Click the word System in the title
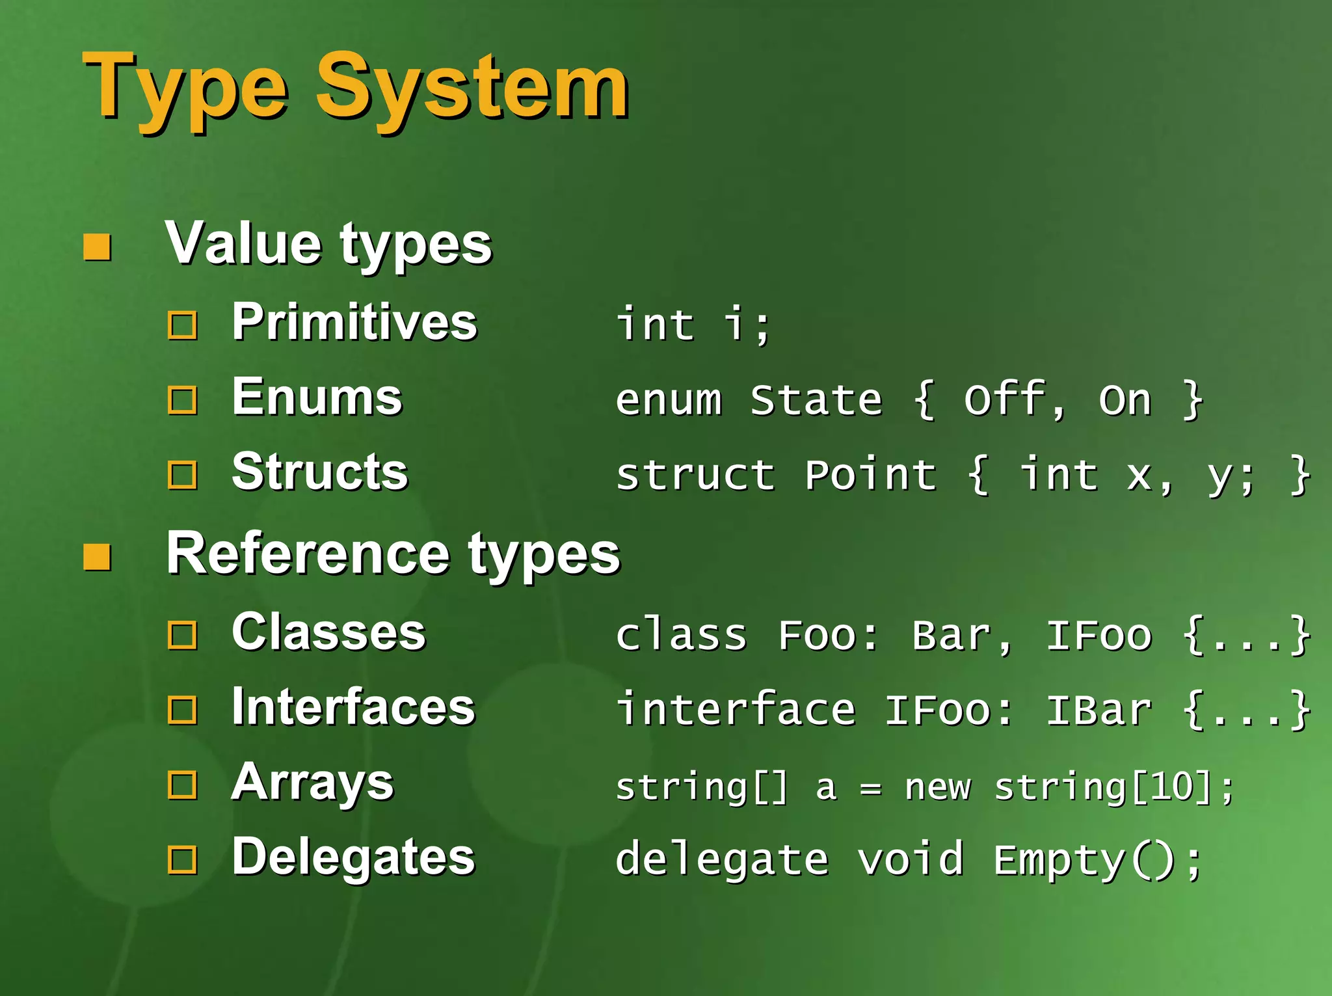point(472,87)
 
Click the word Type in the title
point(185,87)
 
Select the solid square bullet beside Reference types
point(98,557)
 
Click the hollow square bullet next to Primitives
point(182,325)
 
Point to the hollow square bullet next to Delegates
point(182,860)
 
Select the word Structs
point(320,472)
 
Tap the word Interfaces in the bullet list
point(354,707)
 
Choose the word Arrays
point(313,783)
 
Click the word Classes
point(329,632)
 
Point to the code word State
point(816,399)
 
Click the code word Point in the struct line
point(871,475)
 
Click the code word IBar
point(1099,710)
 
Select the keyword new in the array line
point(938,788)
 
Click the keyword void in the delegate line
point(910,860)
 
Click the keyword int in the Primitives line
point(656,325)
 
